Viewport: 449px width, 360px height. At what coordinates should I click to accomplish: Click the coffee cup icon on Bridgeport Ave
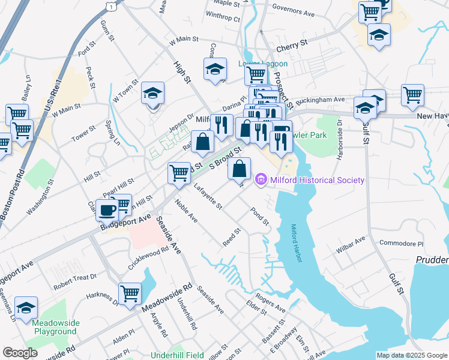point(107,210)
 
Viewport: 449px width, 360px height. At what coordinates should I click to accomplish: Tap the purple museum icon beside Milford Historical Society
point(261,179)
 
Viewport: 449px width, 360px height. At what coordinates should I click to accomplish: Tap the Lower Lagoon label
point(263,64)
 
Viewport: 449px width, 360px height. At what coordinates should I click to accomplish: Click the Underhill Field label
point(177,355)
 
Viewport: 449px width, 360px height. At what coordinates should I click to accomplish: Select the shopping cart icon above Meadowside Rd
point(130,294)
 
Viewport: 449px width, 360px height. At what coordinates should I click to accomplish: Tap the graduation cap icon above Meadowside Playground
point(26,308)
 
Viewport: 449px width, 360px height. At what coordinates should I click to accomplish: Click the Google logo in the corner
point(20,352)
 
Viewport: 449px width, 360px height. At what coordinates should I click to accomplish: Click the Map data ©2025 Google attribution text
point(412,355)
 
